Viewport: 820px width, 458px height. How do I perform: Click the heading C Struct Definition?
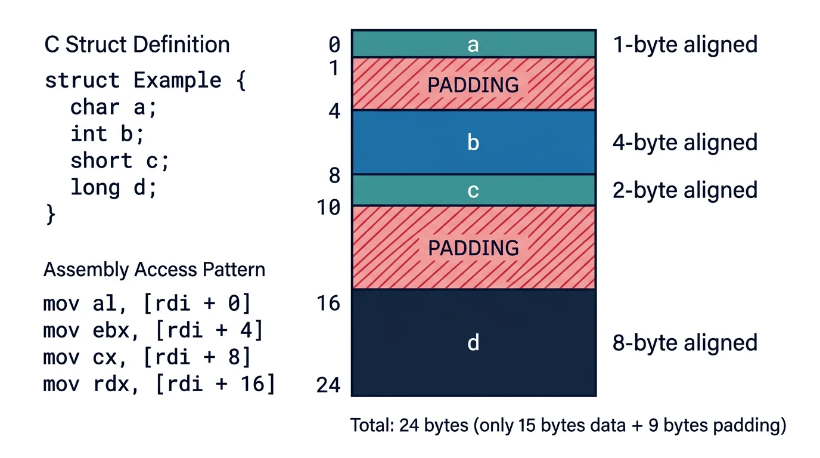tap(137, 45)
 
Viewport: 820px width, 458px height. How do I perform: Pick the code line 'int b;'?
tap(107, 134)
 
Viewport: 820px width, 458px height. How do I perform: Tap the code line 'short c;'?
tap(120, 161)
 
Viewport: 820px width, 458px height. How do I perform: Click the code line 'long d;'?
tap(113, 188)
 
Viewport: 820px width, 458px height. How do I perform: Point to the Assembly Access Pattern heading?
tap(154, 270)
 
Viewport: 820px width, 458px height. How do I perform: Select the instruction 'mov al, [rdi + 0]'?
tap(147, 304)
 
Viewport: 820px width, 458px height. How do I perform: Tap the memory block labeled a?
tap(473, 44)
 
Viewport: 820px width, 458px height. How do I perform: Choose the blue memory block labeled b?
tap(473, 143)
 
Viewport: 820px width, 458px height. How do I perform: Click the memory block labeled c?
tap(473, 190)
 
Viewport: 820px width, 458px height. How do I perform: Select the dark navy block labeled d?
tap(473, 342)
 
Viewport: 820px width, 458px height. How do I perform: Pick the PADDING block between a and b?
tap(473, 84)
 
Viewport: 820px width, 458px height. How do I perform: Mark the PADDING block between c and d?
tap(473, 247)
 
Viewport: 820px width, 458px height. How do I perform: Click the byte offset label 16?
tap(328, 304)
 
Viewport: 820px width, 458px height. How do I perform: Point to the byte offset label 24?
tap(328, 385)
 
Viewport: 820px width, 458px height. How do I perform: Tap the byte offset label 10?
tap(328, 208)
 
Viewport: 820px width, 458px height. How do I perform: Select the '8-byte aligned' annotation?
tap(685, 343)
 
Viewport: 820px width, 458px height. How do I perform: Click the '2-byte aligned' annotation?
tap(685, 190)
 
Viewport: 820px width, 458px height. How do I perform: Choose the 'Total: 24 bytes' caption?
tap(568, 426)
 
